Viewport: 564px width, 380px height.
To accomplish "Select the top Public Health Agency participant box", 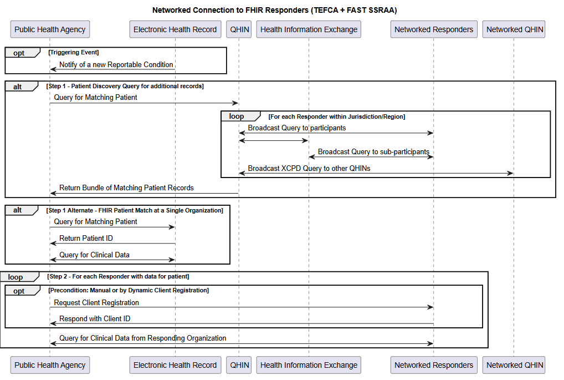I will pyautogui.click(x=50, y=29).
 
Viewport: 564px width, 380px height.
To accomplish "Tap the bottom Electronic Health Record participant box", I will pyautogui.click(x=175, y=365).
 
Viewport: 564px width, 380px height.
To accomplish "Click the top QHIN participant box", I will pyautogui.click(x=239, y=29).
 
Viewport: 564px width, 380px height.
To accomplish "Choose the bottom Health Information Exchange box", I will pyautogui.click(x=309, y=365).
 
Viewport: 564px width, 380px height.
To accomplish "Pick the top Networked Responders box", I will pyautogui.click(x=434, y=29).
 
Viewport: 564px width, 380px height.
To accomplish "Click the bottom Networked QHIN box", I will pyautogui.click(x=515, y=365).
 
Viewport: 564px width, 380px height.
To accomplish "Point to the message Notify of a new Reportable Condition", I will pyautogui.click(x=116, y=64).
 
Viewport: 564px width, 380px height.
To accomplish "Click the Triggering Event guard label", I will pyautogui.click(x=74, y=52).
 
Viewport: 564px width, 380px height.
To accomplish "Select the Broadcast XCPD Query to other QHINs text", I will pyautogui.click(x=309, y=168).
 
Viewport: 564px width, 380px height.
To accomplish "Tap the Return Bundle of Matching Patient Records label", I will pyautogui.click(x=126, y=188).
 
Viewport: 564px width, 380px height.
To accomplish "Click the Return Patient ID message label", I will pyautogui.click(x=86, y=238).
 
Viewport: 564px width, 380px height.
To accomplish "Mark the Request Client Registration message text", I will pyautogui.click(x=96, y=302).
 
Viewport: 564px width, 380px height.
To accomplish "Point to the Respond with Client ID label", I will pyautogui.click(x=95, y=318).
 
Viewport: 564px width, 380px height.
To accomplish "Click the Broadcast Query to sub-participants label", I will pyautogui.click(x=373, y=151).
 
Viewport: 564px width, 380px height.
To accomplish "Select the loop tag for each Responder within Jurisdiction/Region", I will pyautogui.click(x=237, y=116).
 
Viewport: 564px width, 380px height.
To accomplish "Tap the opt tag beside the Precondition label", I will pyautogui.click(x=19, y=291).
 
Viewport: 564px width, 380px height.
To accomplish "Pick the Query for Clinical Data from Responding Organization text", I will pyautogui.click(x=142, y=338).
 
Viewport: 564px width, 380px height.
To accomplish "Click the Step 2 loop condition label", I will pyautogui.click(x=118, y=276).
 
